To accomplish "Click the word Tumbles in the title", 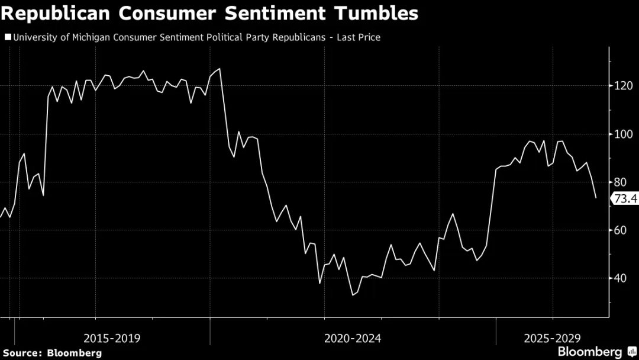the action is click(376, 13).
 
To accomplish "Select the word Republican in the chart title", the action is click(56, 14).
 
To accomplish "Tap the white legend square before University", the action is click(8, 37).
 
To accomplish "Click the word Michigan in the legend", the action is click(91, 37).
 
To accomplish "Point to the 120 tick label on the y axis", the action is click(624, 86).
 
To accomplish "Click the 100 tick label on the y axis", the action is click(624, 134).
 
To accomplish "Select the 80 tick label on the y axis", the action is click(620, 182).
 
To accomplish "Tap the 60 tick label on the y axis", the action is click(620, 230).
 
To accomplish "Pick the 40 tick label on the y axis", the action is click(620, 278).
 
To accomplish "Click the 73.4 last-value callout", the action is click(625, 198).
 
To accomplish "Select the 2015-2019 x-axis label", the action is click(112, 339).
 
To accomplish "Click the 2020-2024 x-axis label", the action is click(353, 339).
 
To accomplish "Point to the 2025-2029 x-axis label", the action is click(552, 339).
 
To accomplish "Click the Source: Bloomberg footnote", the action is click(53, 353).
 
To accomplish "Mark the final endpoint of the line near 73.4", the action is click(596, 198).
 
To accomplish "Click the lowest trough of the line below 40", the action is click(353, 295).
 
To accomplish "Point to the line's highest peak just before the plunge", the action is click(220, 69).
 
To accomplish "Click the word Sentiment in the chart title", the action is click(275, 13).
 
